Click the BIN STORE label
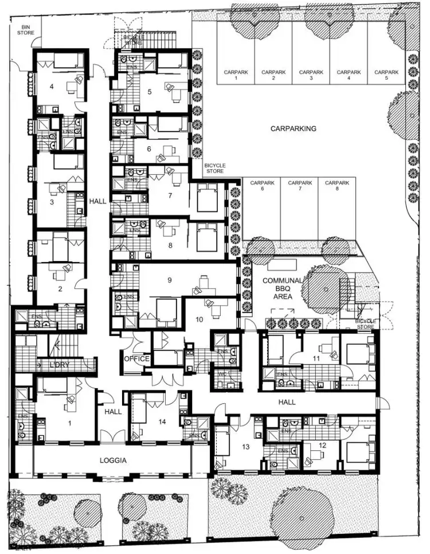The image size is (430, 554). coord(28,30)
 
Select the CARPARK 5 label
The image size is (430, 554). coord(385,75)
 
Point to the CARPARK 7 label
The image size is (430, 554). coord(300,186)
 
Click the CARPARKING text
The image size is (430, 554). coord(293,129)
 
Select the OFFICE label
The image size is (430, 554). coord(136,359)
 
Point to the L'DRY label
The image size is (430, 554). coord(58,365)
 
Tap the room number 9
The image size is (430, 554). coord(170,280)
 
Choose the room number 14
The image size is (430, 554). coord(162,422)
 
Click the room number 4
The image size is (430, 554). coord(52,87)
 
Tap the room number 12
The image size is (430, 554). coord(322,446)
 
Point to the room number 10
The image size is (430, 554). coord(200,319)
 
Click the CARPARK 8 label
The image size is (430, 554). coord(337,186)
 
